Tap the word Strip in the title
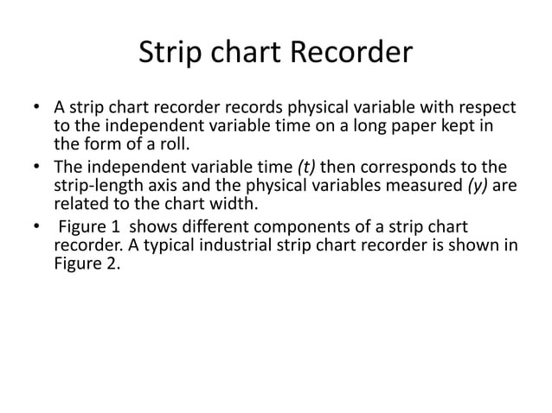coord(170,54)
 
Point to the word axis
coord(164,184)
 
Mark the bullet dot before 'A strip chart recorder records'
coord(35,110)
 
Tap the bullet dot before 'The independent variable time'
coord(35,167)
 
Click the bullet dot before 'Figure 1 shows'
coord(35,226)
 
